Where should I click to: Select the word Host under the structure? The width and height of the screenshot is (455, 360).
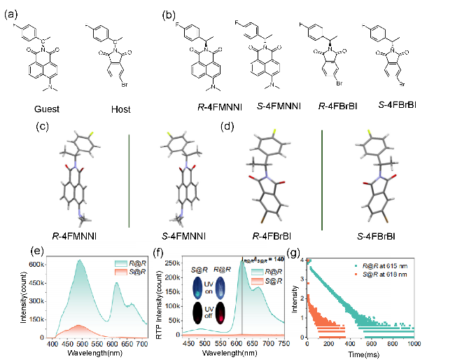tap(123, 110)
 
